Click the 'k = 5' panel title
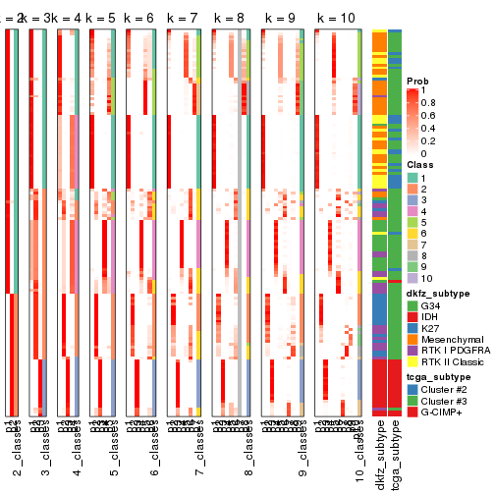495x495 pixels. (x=100, y=19)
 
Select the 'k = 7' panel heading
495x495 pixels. (x=184, y=19)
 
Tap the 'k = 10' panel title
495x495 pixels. (x=336, y=19)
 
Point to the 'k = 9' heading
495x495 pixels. (x=286, y=19)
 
